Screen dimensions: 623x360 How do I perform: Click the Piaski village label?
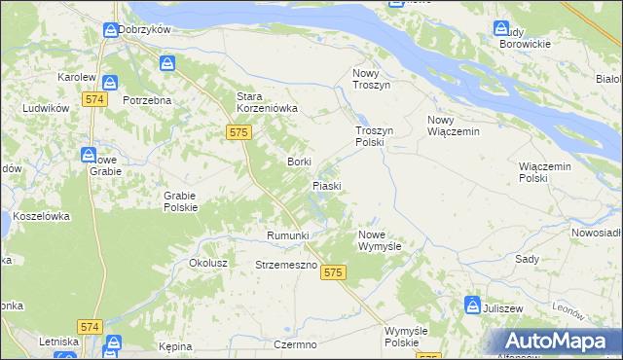pyautogui.click(x=326, y=185)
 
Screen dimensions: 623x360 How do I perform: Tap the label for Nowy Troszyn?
pyautogui.click(x=370, y=79)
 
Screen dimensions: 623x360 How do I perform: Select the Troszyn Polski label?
pyautogui.click(x=371, y=135)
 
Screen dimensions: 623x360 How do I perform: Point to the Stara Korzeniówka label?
pyautogui.click(x=267, y=102)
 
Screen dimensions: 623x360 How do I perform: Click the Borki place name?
pyautogui.click(x=299, y=162)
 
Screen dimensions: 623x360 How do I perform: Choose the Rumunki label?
pyautogui.click(x=287, y=235)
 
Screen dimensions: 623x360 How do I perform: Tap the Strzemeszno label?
pyautogui.click(x=286, y=265)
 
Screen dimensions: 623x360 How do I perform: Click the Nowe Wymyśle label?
pyautogui.click(x=386, y=240)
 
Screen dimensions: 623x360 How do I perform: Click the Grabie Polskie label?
pyautogui.click(x=180, y=200)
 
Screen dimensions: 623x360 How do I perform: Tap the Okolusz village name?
pyautogui.click(x=208, y=263)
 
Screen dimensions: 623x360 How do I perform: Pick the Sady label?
pyautogui.click(x=527, y=260)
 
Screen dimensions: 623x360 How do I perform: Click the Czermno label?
pyautogui.click(x=296, y=345)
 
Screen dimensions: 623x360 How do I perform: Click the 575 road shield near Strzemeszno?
pyautogui.click(x=334, y=273)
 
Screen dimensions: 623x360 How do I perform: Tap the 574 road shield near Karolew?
pyautogui.click(x=94, y=99)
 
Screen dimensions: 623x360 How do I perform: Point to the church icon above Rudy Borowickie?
pyautogui.click(x=502, y=29)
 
